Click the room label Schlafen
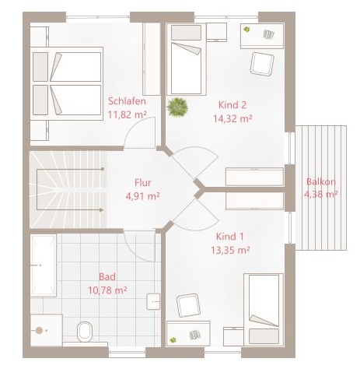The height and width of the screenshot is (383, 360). [x=127, y=101]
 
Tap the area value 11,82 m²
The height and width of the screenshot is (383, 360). [x=127, y=114]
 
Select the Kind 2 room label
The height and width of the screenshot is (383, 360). [x=232, y=105]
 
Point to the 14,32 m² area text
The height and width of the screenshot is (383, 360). [x=232, y=118]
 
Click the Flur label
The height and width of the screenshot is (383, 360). [x=143, y=183]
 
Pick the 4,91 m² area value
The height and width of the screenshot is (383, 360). [x=142, y=196]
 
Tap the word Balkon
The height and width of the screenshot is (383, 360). [x=321, y=181]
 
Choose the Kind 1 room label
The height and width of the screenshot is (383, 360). [x=230, y=237]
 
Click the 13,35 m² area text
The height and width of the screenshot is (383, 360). [x=230, y=250]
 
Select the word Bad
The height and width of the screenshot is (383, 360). [x=107, y=276]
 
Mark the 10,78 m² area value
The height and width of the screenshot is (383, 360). [x=107, y=290]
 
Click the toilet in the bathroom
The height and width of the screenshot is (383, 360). [x=85, y=332]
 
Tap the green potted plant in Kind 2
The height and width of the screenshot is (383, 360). [x=177, y=107]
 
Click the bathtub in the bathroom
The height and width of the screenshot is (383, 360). [x=44, y=265]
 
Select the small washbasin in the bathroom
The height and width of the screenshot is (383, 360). [x=153, y=301]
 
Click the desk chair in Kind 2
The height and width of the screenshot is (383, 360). [x=262, y=64]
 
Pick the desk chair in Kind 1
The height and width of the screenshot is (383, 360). [x=188, y=305]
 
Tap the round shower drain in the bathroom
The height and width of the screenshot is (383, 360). [x=39, y=330]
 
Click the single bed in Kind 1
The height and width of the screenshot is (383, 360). [x=264, y=310]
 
